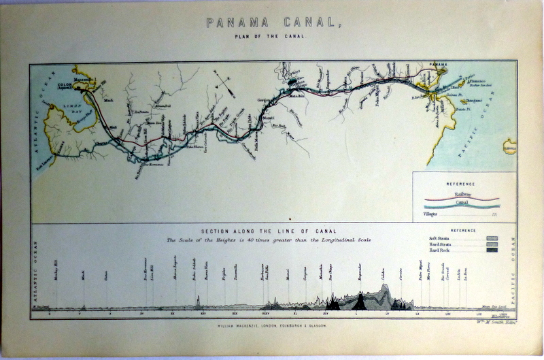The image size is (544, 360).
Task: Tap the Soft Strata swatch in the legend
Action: point(492,238)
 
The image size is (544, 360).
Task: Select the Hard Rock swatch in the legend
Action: point(492,250)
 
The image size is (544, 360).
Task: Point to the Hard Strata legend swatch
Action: point(492,244)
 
